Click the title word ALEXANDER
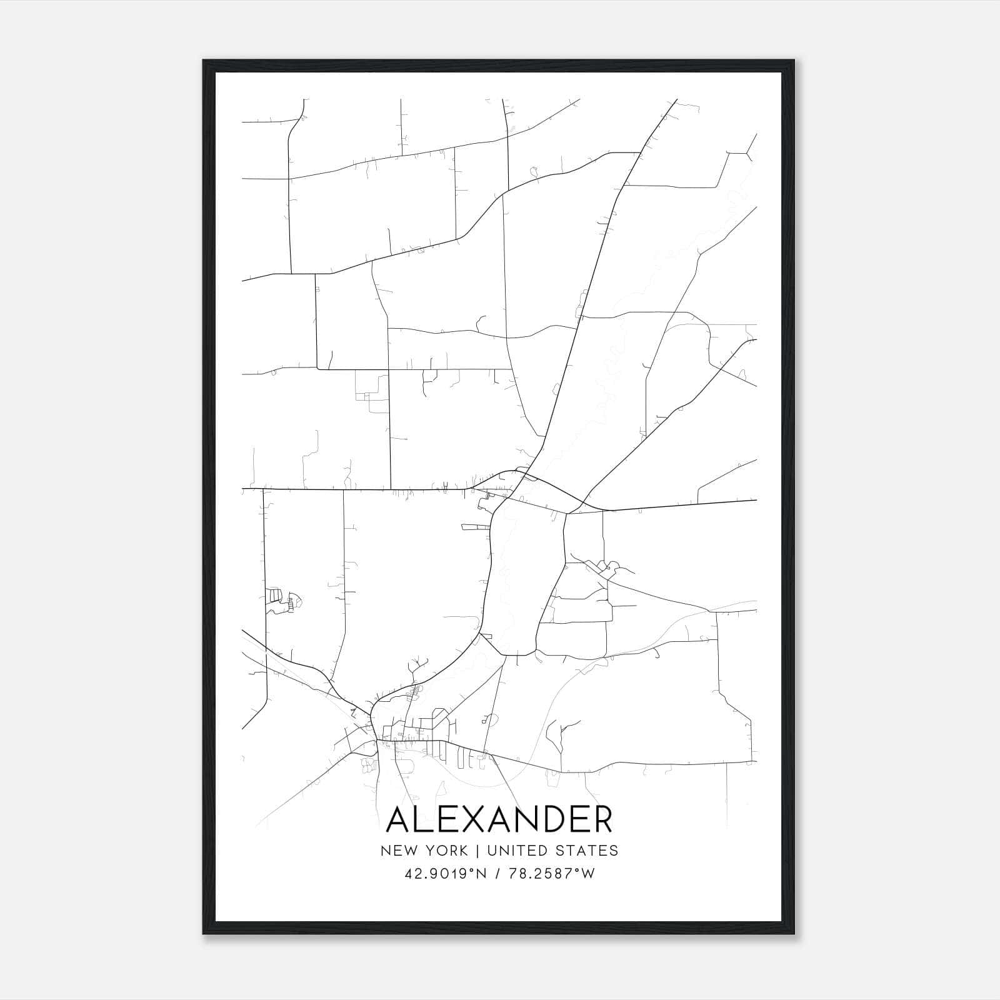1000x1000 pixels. coord(499,820)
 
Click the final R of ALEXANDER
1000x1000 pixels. coord(601,820)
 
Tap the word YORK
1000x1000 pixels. coord(445,851)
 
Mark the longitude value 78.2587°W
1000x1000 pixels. coord(552,874)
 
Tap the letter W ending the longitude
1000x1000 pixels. coord(588,874)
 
